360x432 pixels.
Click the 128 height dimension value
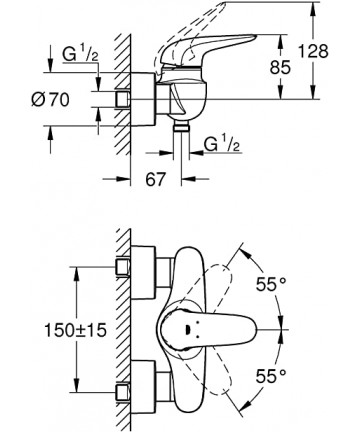pos(313,52)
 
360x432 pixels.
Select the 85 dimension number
pos(280,67)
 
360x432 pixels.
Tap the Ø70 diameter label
pos(51,99)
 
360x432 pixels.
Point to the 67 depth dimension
pos(155,179)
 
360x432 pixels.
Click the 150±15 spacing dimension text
pos(75,330)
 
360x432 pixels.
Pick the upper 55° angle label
pos(271,284)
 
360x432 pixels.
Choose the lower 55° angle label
pos(271,376)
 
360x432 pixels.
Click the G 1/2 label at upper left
pos(81,54)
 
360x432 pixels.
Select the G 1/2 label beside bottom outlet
pos(222,144)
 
